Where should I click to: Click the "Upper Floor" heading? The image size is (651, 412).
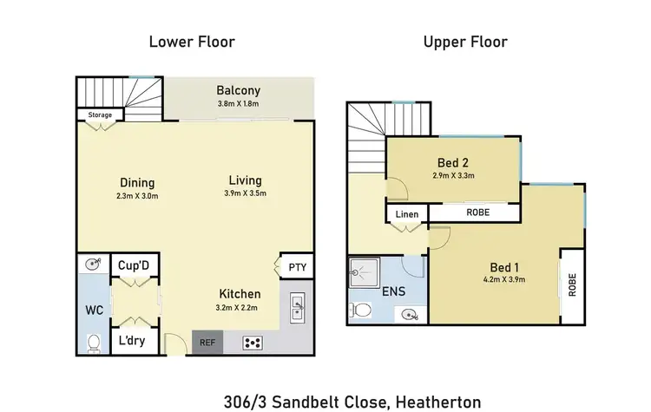(x=465, y=42)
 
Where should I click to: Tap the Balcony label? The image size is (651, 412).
(x=239, y=90)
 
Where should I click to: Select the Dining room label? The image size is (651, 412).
(x=137, y=183)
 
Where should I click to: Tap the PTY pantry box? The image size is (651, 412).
(x=296, y=267)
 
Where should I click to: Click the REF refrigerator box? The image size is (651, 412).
(x=207, y=342)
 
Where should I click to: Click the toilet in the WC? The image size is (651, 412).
(x=94, y=340)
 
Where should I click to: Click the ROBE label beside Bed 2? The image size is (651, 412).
(x=477, y=211)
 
